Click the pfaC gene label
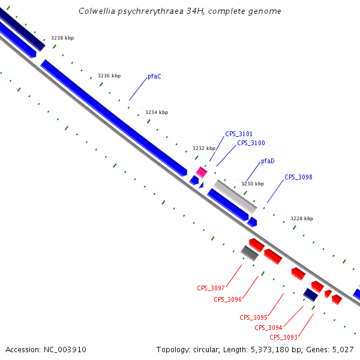(154, 77)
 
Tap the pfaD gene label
(268, 161)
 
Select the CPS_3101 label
(239, 134)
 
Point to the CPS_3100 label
(251, 143)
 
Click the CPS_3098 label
(298, 177)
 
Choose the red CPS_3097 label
(211, 288)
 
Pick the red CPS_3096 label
(227, 299)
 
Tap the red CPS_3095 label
(253, 317)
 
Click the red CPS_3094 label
(268, 328)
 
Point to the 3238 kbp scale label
(62, 38)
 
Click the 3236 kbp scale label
(109, 76)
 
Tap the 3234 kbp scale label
(157, 113)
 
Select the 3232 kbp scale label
(203, 148)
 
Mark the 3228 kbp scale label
(302, 219)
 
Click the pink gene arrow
(202, 172)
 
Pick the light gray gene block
(235, 196)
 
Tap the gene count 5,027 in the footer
(343, 349)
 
